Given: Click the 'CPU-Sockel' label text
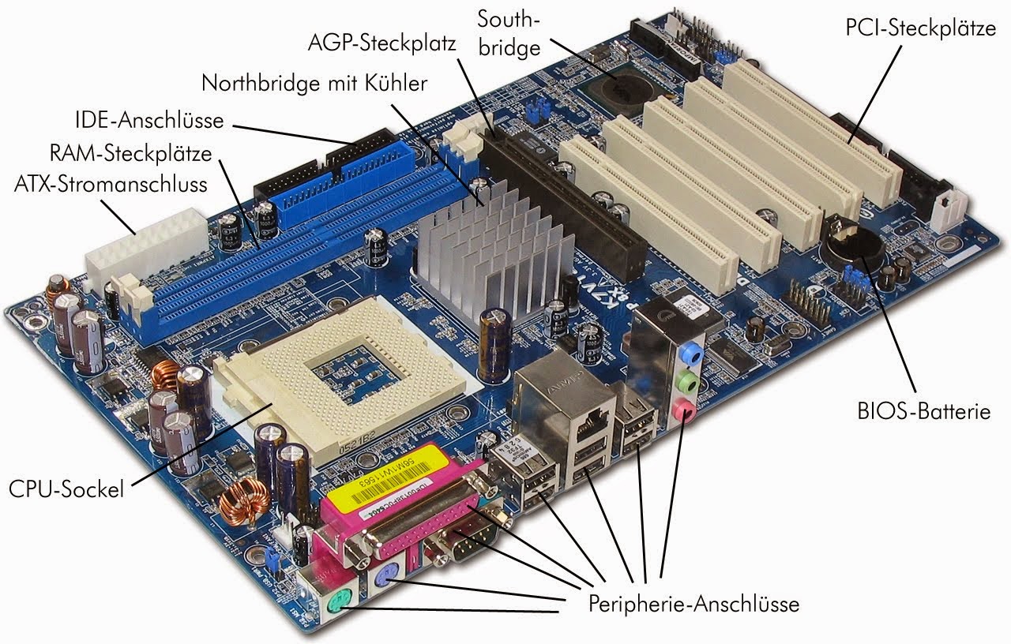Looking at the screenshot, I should (66, 489).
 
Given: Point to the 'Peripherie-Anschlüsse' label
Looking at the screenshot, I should (693, 605).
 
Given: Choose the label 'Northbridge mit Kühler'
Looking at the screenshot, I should (314, 83).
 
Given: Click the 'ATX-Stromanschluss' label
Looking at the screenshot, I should (111, 185).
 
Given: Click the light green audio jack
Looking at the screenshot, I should (689, 382).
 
